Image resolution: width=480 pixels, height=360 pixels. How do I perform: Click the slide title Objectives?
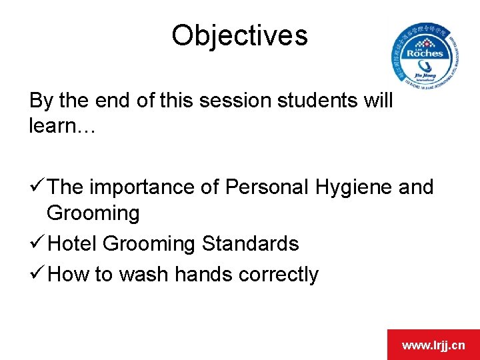pos(239,35)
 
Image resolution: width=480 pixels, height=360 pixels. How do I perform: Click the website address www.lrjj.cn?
pos(433,345)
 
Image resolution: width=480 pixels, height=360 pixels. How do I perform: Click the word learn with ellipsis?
pos(63,126)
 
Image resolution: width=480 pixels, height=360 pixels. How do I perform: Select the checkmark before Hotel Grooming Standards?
pos(37,244)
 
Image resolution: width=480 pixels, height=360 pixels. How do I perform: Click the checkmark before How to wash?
pos(37,274)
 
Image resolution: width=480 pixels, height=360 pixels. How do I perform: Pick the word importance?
pos(143,189)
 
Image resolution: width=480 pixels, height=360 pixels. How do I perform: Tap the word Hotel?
pos(73,244)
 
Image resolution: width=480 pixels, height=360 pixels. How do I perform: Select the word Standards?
pos(250,244)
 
